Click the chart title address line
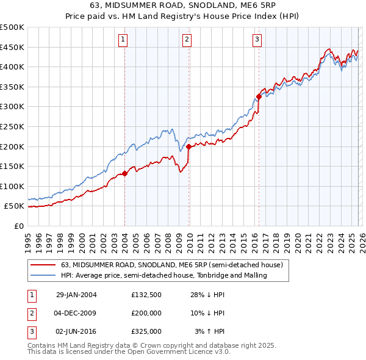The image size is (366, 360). (x=183, y=7)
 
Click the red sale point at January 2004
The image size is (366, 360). (x=124, y=173)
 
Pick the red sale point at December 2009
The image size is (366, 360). (x=188, y=146)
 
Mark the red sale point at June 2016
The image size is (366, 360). (x=259, y=96)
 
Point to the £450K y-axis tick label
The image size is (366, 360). (x=12, y=47)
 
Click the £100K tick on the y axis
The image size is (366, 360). (x=12, y=186)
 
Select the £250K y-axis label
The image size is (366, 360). (x=12, y=126)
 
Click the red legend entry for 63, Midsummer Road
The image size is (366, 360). (x=171, y=265)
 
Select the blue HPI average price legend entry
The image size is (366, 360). (x=164, y=276)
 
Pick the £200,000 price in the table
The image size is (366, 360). (x=146, y=313)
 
